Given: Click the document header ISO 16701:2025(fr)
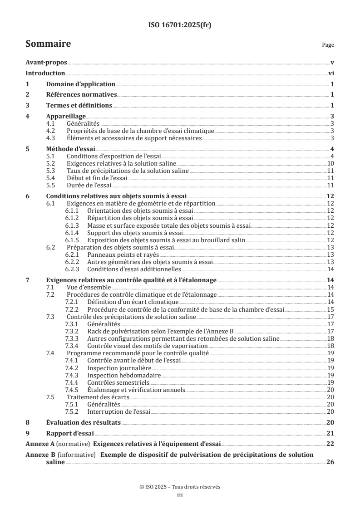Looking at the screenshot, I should click(x=180, y=25).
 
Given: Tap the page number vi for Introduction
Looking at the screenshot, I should click(x=331, y=73).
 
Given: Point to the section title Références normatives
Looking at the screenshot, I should click(x=82, y=95).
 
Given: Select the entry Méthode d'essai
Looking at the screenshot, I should click(x=70, y=149).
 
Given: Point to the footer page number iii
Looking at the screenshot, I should click(x=180, y=495).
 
